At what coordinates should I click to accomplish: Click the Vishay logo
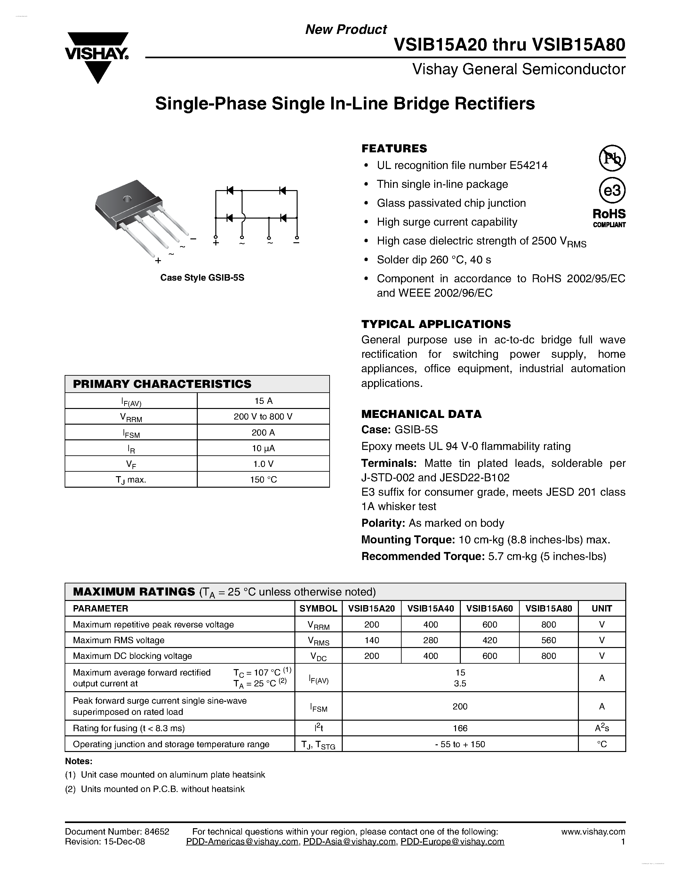click(97, 56)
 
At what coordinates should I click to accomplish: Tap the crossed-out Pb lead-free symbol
click(612, 158)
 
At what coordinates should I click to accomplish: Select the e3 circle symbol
click(612, 190)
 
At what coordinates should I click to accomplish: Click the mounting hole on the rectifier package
click(127, 198)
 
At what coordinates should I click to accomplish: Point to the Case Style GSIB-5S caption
click(202, 278)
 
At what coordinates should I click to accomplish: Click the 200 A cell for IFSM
click(263, 432)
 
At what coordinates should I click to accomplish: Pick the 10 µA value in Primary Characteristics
click(263, 448)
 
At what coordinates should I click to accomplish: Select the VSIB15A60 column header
click(490, 608)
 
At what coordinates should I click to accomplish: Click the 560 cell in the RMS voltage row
click(549, 640)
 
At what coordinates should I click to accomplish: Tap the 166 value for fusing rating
click(460, 728)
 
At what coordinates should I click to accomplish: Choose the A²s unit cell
click(602, 728)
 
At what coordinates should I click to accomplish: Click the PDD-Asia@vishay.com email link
click(349, 841)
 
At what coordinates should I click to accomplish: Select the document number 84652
click(157, 832)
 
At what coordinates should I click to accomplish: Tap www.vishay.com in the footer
click(593, 832)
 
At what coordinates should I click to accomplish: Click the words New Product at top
click(346, 29)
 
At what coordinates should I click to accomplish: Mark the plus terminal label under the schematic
click(216, 243)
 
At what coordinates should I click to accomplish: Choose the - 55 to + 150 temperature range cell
click(460, 744)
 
